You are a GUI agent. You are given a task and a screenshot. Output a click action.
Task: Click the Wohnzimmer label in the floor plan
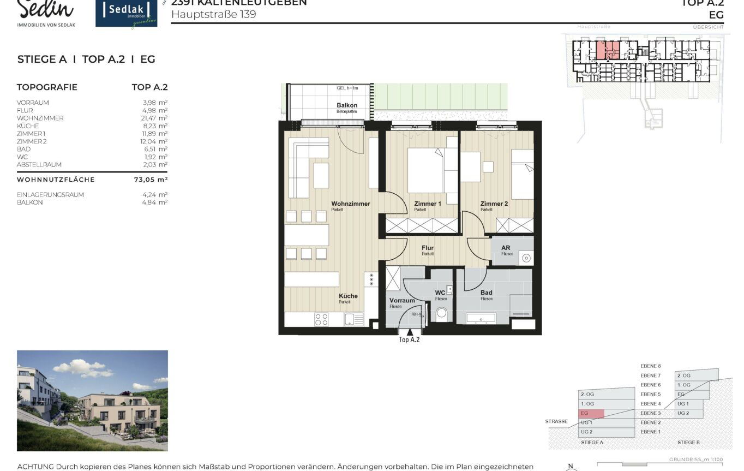tap(350, 204)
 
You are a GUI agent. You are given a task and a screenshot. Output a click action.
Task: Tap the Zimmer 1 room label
tap(427, 204)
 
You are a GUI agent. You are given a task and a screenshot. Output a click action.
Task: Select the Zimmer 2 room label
tap(494, 204)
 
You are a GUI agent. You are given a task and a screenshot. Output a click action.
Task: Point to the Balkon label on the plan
tap(347, 105)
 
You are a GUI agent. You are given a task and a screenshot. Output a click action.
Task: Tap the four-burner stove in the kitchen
tap(321, 319)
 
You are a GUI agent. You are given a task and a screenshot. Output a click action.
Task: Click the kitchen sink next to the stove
tap(352, 319)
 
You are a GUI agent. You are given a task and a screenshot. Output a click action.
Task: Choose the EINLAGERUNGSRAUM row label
tap(50, 195)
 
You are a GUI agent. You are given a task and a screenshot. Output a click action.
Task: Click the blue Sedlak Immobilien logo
tap(126, 14)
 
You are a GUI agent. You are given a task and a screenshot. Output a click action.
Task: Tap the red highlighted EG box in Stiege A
tap(591, 413)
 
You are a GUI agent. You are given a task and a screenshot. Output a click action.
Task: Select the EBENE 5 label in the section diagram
tap(651, 394)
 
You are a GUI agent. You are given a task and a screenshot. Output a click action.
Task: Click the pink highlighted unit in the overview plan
tap(607, 50)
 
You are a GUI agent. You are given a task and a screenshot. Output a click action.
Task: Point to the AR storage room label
tap(506, 248)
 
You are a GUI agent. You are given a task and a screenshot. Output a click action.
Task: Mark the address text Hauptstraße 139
tap(213, 14)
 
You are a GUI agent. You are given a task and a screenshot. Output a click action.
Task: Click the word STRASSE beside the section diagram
tap(556, 421)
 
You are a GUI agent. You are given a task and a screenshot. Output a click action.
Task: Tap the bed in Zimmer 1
tap(425, 170)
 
